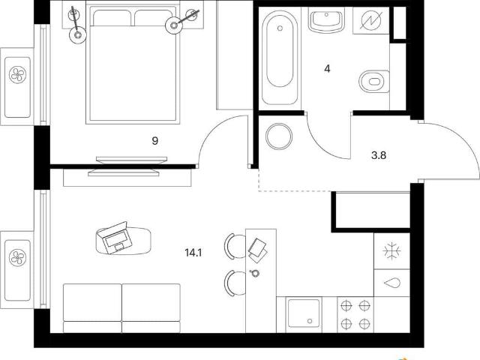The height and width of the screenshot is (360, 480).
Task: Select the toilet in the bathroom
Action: (374, 82)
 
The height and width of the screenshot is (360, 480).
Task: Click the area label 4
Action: (327, 69)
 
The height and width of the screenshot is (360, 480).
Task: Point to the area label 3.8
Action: (379, 155)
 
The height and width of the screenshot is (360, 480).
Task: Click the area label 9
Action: (155, 141)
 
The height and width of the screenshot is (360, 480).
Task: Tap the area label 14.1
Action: (193, 253)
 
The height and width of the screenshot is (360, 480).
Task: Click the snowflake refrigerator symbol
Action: (391, 251)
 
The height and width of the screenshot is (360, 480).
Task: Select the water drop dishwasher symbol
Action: (391, 283)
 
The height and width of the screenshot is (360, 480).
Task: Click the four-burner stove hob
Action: (355, 314)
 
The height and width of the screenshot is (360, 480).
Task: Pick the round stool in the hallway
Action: (279, 136)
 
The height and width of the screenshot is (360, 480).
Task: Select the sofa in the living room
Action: (121, 308)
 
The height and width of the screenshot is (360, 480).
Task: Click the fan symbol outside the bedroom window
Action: (17, 75)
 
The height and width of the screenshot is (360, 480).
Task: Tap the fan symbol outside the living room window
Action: (17, 257)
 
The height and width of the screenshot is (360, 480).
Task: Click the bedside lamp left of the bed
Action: (77, 34)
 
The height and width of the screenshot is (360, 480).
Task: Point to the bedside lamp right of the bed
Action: (174, 25)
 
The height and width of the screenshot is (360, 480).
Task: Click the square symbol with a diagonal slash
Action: (371, 21)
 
